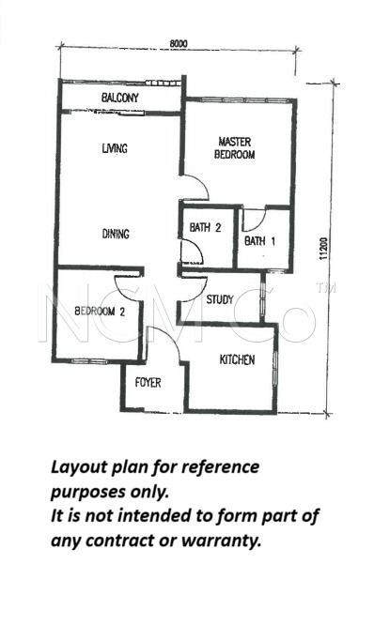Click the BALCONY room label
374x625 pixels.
point(119,98)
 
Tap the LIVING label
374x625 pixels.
point(115,148)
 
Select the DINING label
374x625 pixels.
point(116,233)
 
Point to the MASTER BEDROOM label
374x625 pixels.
point(235,148)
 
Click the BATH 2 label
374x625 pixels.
point(205,228)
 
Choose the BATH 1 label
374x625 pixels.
point(260,241)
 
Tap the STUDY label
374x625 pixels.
point(220,299)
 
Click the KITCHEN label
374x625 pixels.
point(237,359)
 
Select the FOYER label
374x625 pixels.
point(148,383)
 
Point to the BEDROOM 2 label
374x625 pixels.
point(100,312)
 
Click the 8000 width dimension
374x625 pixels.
point(179,43)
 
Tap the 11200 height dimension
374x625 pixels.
point(323,249)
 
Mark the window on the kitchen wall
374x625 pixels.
point(275,369)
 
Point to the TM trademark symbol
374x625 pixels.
point(325,288)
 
